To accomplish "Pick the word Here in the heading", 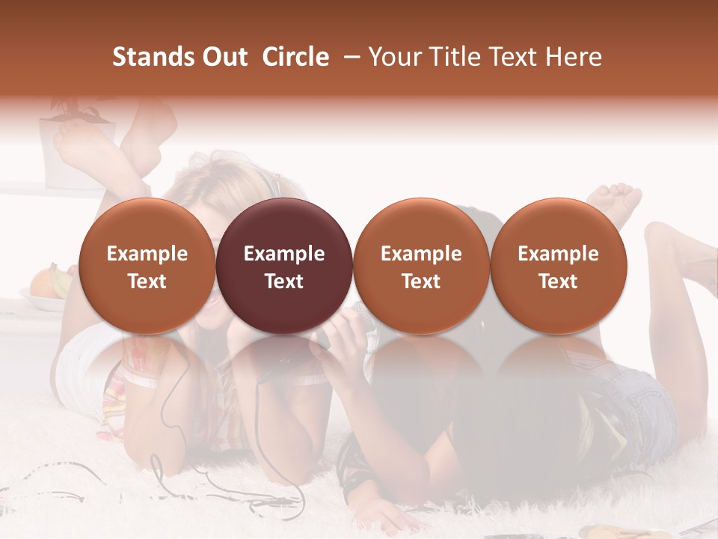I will tap(574, 57).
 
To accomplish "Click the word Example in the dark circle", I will tap(284, 255).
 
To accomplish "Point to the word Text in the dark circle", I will tap(284, 281).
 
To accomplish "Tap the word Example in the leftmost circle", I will tap(147, 255).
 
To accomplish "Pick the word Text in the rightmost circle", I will tap(558, 281).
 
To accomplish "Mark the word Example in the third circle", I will tap(421, 255).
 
